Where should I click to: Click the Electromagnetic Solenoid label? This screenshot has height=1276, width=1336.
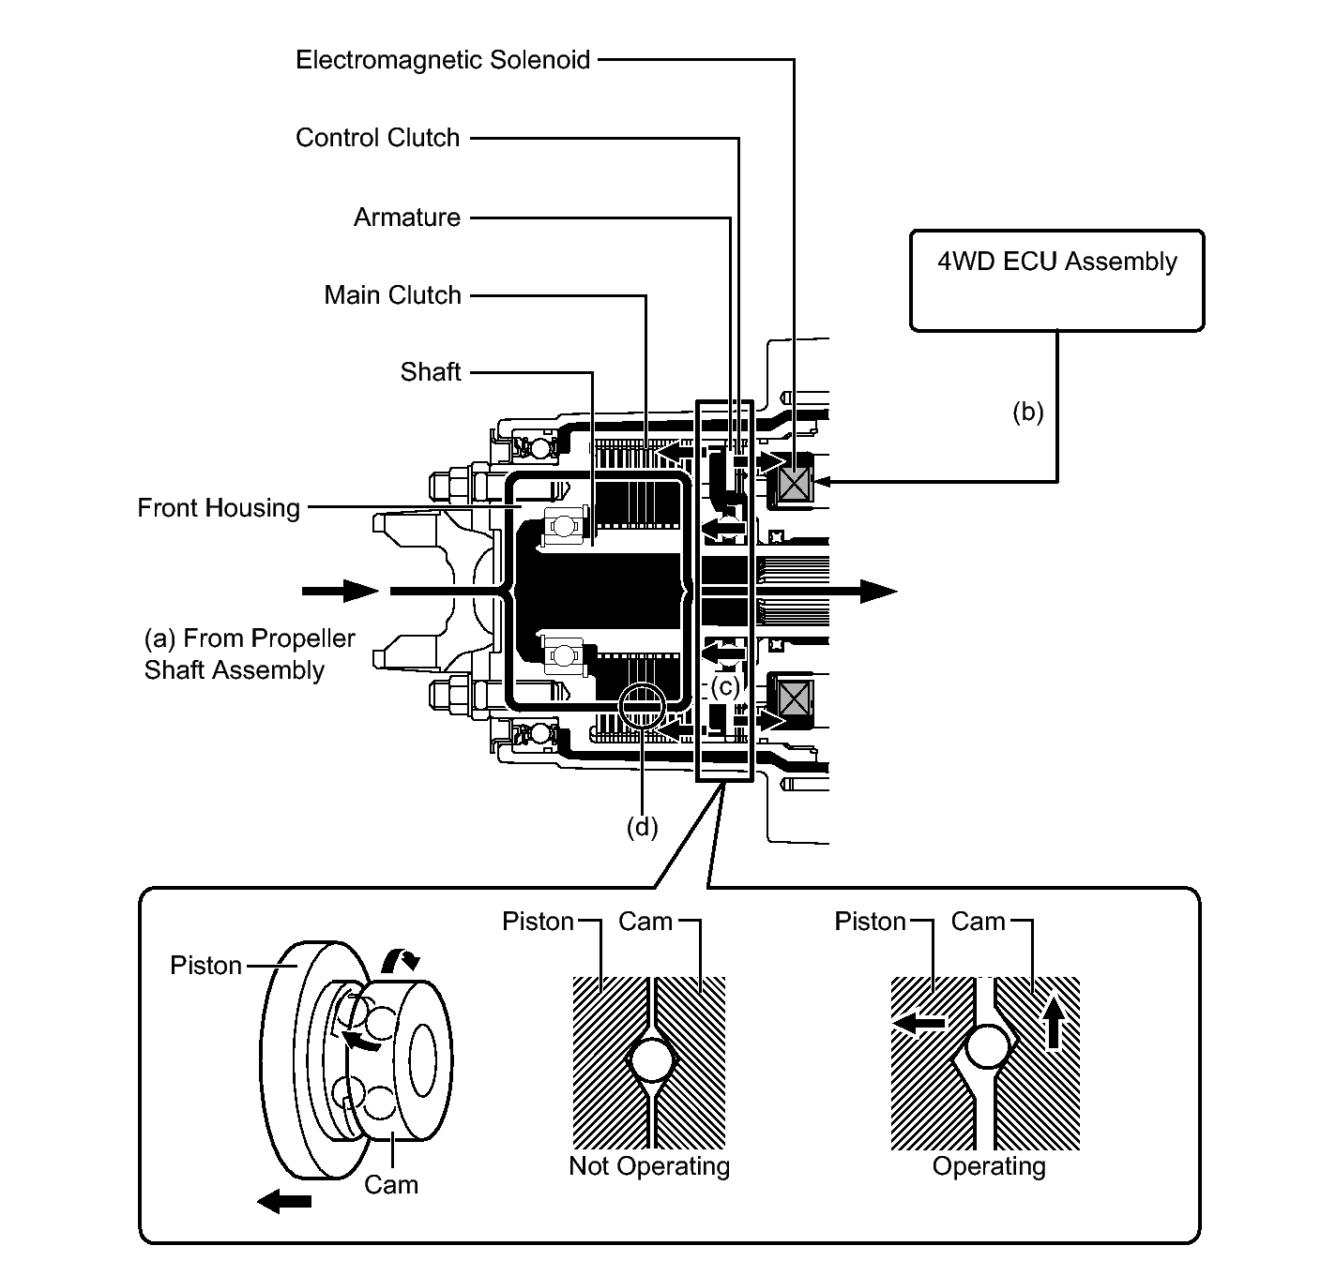tap(443, 60)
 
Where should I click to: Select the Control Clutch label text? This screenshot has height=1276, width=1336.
tap(377, 138)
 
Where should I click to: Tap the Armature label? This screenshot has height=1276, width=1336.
tap(407, 218)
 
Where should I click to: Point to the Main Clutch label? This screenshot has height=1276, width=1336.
tap(393, 295)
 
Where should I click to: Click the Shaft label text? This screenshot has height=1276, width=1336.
tap(431, 372)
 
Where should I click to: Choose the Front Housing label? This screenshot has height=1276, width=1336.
tap(219, 508)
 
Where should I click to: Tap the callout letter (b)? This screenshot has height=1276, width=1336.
tap(1027, 412)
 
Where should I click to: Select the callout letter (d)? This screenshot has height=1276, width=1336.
tap(642, 827)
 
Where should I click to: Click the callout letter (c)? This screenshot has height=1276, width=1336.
tap(725, 686)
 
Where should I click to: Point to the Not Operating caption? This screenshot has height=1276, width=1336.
tap(649, 1166)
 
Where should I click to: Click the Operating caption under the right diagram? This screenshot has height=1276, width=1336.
tap(989, 1166)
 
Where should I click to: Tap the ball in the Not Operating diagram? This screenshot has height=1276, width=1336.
tap(651, 1059)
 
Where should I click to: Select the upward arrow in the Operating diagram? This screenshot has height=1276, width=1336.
tap(1054, 1023)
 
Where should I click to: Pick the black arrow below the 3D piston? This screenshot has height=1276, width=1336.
tap(284, 1201)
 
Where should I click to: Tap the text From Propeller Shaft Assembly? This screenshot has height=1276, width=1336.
tap(250, 653)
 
